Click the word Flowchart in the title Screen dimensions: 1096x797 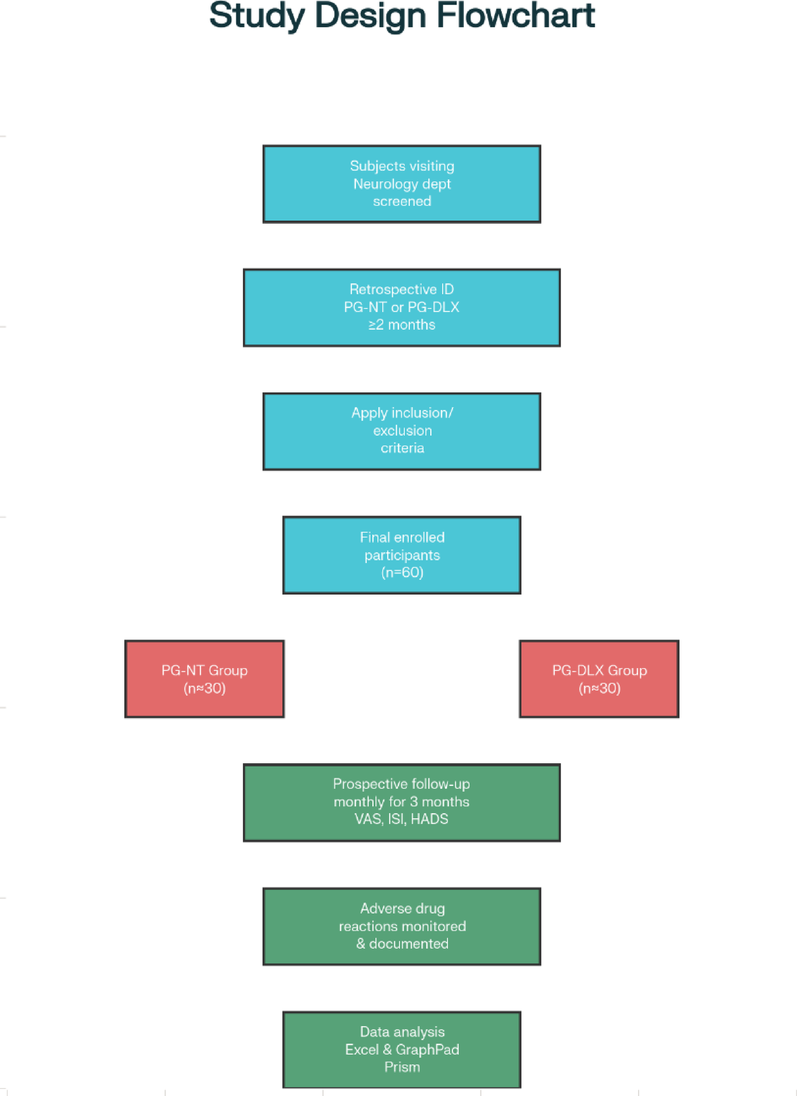click(x=515, y=15)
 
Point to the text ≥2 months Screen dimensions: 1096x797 click(x=402, y=325)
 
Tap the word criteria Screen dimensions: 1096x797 click(x=402, y=448)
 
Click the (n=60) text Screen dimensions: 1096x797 click(x=402, y=572)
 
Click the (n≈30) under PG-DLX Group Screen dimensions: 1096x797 click(x=599, y=688)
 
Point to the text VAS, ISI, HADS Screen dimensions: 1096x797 click(x=401, y=819)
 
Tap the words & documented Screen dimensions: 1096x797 click(x=402, y=943)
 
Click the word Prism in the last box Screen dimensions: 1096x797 click(x=402, y=1066)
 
